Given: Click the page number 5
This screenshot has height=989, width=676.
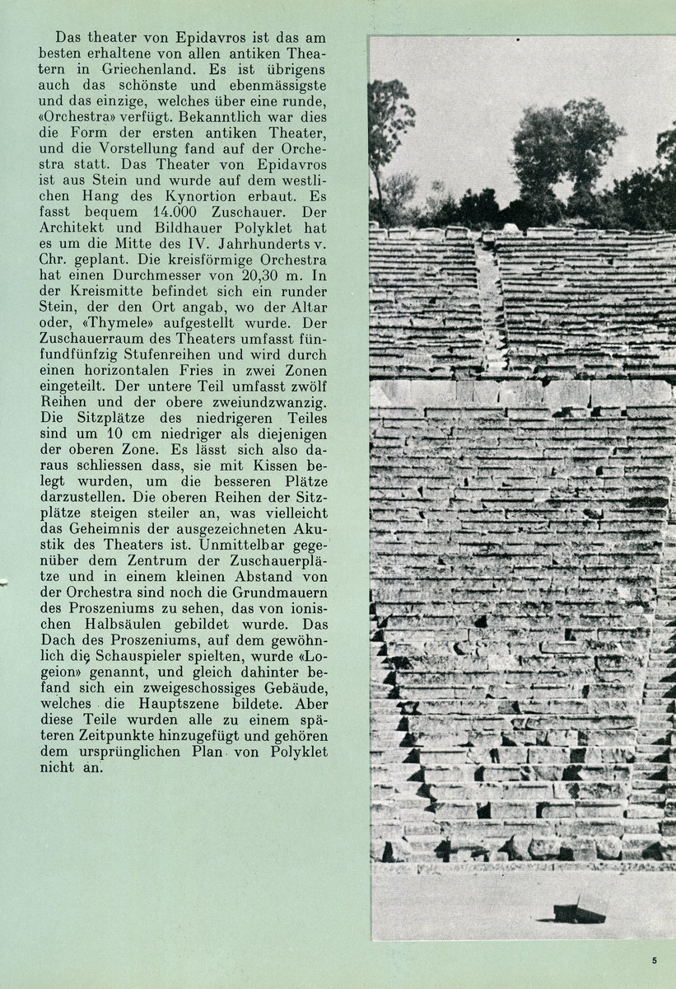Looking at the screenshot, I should pos(654,960).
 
